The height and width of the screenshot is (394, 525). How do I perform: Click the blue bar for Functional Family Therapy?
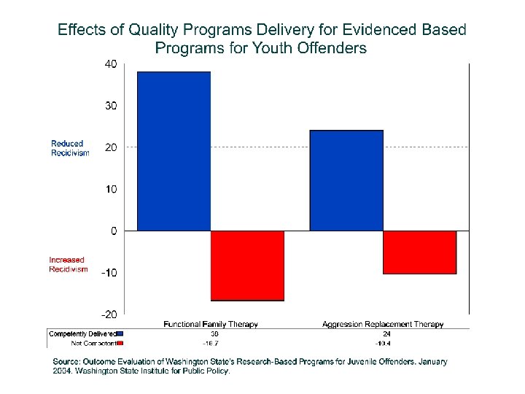pos(174,151)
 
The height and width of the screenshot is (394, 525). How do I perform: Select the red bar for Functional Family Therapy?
pos(247,266)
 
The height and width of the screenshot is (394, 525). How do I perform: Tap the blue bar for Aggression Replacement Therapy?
pos(346,180)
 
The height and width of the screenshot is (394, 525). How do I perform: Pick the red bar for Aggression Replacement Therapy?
pos(419,252)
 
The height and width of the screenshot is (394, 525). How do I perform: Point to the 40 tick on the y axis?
pos(110,64)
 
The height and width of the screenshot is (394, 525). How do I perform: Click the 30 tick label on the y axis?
pos(110,106)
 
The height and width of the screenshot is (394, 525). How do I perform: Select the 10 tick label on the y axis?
pos(110,190)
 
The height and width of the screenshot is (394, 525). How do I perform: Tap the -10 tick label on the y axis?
pos(109,273)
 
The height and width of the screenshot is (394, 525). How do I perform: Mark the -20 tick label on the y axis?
pos(109,314)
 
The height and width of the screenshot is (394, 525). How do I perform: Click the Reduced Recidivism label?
pos(70,148)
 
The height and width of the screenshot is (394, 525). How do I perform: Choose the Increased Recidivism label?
pos(68,264)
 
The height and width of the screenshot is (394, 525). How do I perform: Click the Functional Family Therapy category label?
pos(211,324)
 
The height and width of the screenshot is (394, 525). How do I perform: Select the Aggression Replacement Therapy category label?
pos(383,324)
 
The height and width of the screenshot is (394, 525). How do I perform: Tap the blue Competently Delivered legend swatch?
pos(120,333)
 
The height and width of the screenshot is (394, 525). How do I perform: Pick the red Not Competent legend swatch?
pos(120,342)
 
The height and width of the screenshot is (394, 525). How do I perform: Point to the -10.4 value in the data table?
pos(383,342)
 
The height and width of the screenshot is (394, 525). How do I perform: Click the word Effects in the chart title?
pos(79,31)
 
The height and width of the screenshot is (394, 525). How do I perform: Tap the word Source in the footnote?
pos(68,361)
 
